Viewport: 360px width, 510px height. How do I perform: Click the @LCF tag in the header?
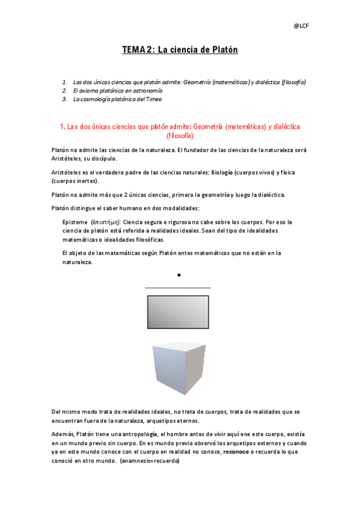point(302,26)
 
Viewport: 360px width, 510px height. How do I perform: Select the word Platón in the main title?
point(222,51)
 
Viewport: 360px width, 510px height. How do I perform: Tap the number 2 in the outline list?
point(64,90)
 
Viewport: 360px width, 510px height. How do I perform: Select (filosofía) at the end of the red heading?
point(180,136)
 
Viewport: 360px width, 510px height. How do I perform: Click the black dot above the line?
point(179,275)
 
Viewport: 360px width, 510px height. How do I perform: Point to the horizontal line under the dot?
point(178,288)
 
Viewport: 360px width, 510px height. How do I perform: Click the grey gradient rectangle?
point(178,312)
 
